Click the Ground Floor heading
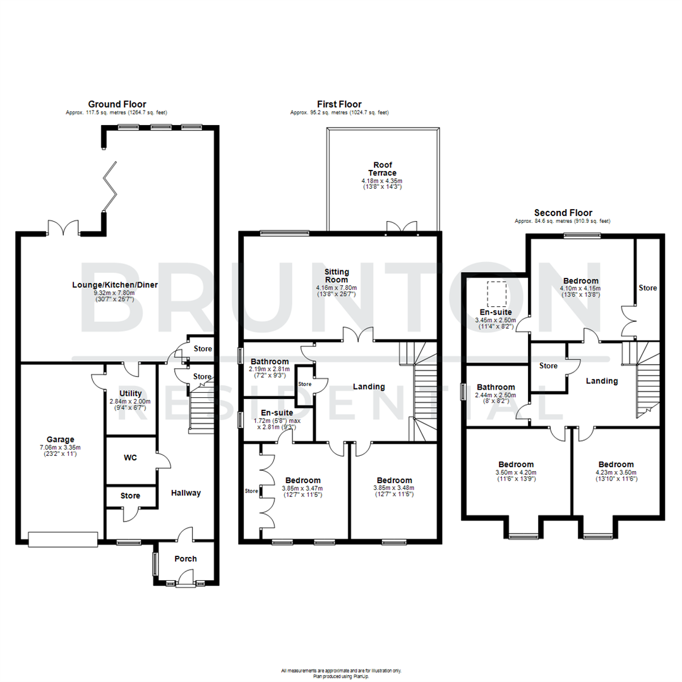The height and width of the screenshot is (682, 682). (x=117, y=104)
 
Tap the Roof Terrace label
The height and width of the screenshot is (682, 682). (x=383, y=168)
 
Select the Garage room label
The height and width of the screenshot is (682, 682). (x=60, y=440)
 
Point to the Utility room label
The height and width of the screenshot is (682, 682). (x=130, y=393)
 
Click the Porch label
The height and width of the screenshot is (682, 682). (x=185, y=559)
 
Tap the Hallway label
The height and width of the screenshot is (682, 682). (x=186, y=493)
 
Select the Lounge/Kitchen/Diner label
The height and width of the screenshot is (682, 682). (x=114, y=285)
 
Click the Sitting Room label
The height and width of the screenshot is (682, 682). (x=337, y=275)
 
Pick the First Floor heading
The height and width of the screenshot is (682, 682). (x=339, y=104)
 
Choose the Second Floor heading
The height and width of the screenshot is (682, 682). (x=563, y=213)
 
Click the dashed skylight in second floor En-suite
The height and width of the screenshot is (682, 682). (x=496, y=292)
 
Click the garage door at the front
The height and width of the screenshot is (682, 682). (x=63, y=539)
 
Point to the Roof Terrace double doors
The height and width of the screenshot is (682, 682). (x=402, y=227)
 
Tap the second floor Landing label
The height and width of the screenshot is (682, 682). (x=601, y=381)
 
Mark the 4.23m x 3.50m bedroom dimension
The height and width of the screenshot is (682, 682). (x=616, y=471)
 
